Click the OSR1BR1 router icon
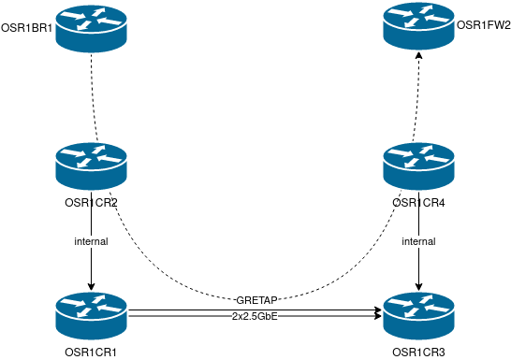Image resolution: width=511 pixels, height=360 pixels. (x=91, y=27)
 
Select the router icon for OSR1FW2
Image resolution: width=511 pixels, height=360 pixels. (x=418, y=27)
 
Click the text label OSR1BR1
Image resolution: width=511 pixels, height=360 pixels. (x=26, y=28)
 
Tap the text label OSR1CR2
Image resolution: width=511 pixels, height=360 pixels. (x=91, y=203)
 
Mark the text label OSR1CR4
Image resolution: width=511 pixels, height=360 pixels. (x=418, y=203)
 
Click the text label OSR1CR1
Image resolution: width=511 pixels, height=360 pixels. (x=91, y=351)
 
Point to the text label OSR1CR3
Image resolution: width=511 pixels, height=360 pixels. (x=418, y=351)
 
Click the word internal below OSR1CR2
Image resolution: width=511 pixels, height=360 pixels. (x=91, y=241)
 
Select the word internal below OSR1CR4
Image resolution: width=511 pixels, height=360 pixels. (x=418, y=241)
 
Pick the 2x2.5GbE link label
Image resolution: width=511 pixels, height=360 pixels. (x=255, y=318)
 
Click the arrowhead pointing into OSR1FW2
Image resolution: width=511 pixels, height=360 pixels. (x=418, y=56)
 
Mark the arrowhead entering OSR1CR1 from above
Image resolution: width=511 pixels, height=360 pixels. (x=91, y=287)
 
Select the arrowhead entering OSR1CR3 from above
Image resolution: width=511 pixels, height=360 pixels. (x=418, y=287)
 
